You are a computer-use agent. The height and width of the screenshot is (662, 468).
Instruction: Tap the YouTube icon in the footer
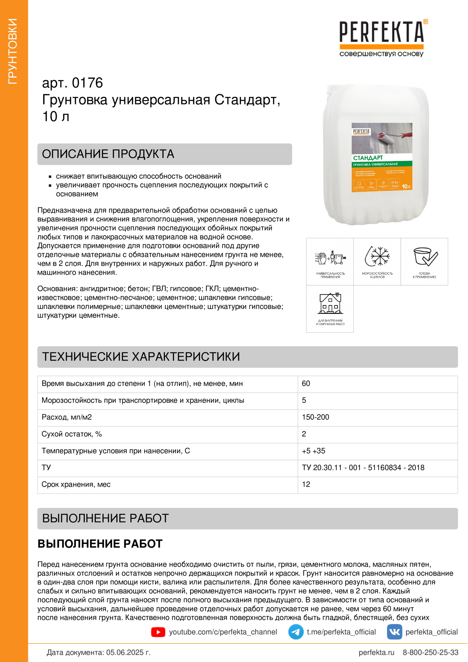tap(158, 632)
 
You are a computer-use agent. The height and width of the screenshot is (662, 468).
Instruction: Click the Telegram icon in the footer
tap(296, 632)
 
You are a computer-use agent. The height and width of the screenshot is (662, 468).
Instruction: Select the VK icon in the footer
tap(394, 632)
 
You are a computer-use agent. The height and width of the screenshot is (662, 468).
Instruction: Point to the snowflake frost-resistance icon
tap(377, 256)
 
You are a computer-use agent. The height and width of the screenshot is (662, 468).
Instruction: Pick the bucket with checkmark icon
tap(424, 256)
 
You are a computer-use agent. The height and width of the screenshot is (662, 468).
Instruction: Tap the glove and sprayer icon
tap(330, 257)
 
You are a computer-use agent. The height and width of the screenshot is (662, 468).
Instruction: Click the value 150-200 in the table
tap(315, 417)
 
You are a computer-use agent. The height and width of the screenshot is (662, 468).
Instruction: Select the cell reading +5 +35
tap(313, 451)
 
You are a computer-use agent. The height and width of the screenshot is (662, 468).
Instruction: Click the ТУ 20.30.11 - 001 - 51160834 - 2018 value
tap(363, 468)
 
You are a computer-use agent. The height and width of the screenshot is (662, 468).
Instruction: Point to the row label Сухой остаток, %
tap(72, 434)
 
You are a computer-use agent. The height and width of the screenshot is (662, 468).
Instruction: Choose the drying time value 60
tap(306, 384)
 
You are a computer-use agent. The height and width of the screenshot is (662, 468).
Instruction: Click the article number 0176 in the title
tap(87, 83)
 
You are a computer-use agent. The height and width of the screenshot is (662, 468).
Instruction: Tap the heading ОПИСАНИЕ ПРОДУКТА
tap(108, 154)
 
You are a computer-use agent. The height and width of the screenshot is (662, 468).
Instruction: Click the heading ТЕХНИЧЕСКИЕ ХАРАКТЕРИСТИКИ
tap(141, 357)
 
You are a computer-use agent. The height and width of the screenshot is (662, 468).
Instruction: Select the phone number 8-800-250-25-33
tap(430, 652)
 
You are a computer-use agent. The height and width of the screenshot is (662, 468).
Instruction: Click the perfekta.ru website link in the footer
tap(376, 652)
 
